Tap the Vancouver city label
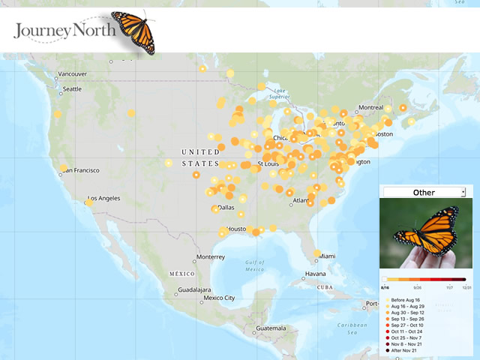pos(73,73)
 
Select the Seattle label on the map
pos(72,88)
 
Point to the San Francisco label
pos(80,170)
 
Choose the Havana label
pos(315,274)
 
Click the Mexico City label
pos(219,298)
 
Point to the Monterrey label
pos(211,257)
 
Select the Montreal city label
pos(370,108)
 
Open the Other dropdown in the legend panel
pos(424,192)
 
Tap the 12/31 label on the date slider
pos(466,287)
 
